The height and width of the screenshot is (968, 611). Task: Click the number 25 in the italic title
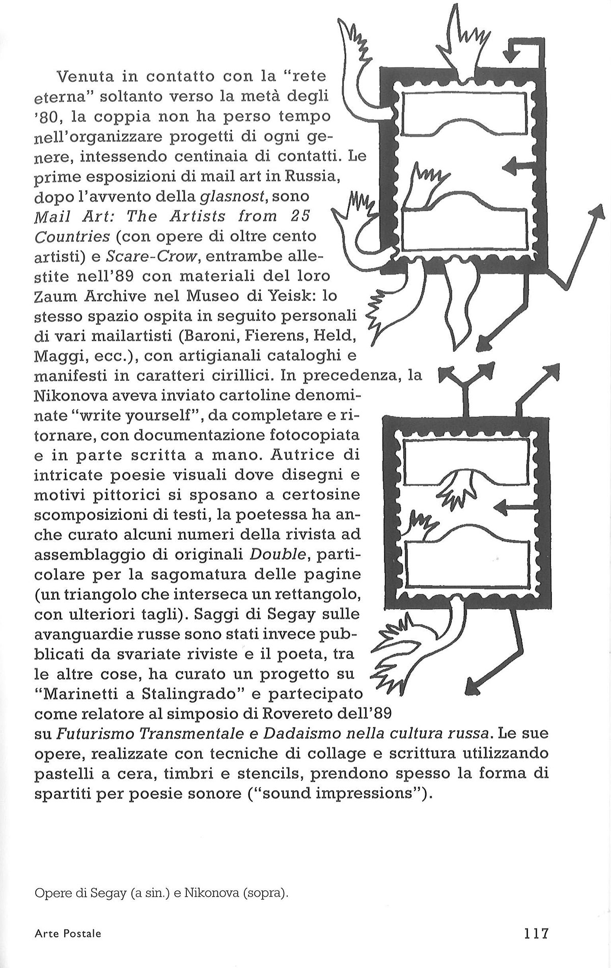point(297,217)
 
